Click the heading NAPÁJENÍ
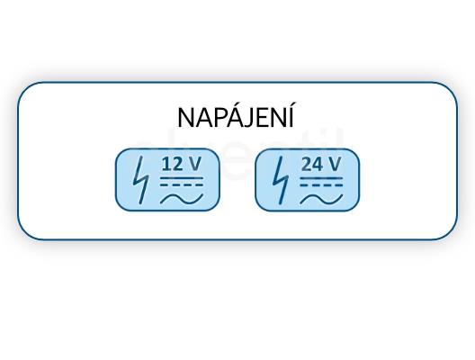236,115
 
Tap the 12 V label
182,164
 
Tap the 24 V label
321,164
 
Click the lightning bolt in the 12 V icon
141,180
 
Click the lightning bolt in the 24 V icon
281,180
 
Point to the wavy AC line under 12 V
182,199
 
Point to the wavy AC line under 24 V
321,199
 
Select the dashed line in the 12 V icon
182,184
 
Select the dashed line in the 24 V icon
321,184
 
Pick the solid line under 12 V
182,178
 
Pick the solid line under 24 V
321,178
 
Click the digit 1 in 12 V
166,164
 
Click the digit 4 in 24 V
317,164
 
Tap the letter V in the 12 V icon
194,164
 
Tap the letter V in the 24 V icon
335,164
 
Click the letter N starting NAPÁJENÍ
185,118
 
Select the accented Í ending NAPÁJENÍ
291,115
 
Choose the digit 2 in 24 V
306,164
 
